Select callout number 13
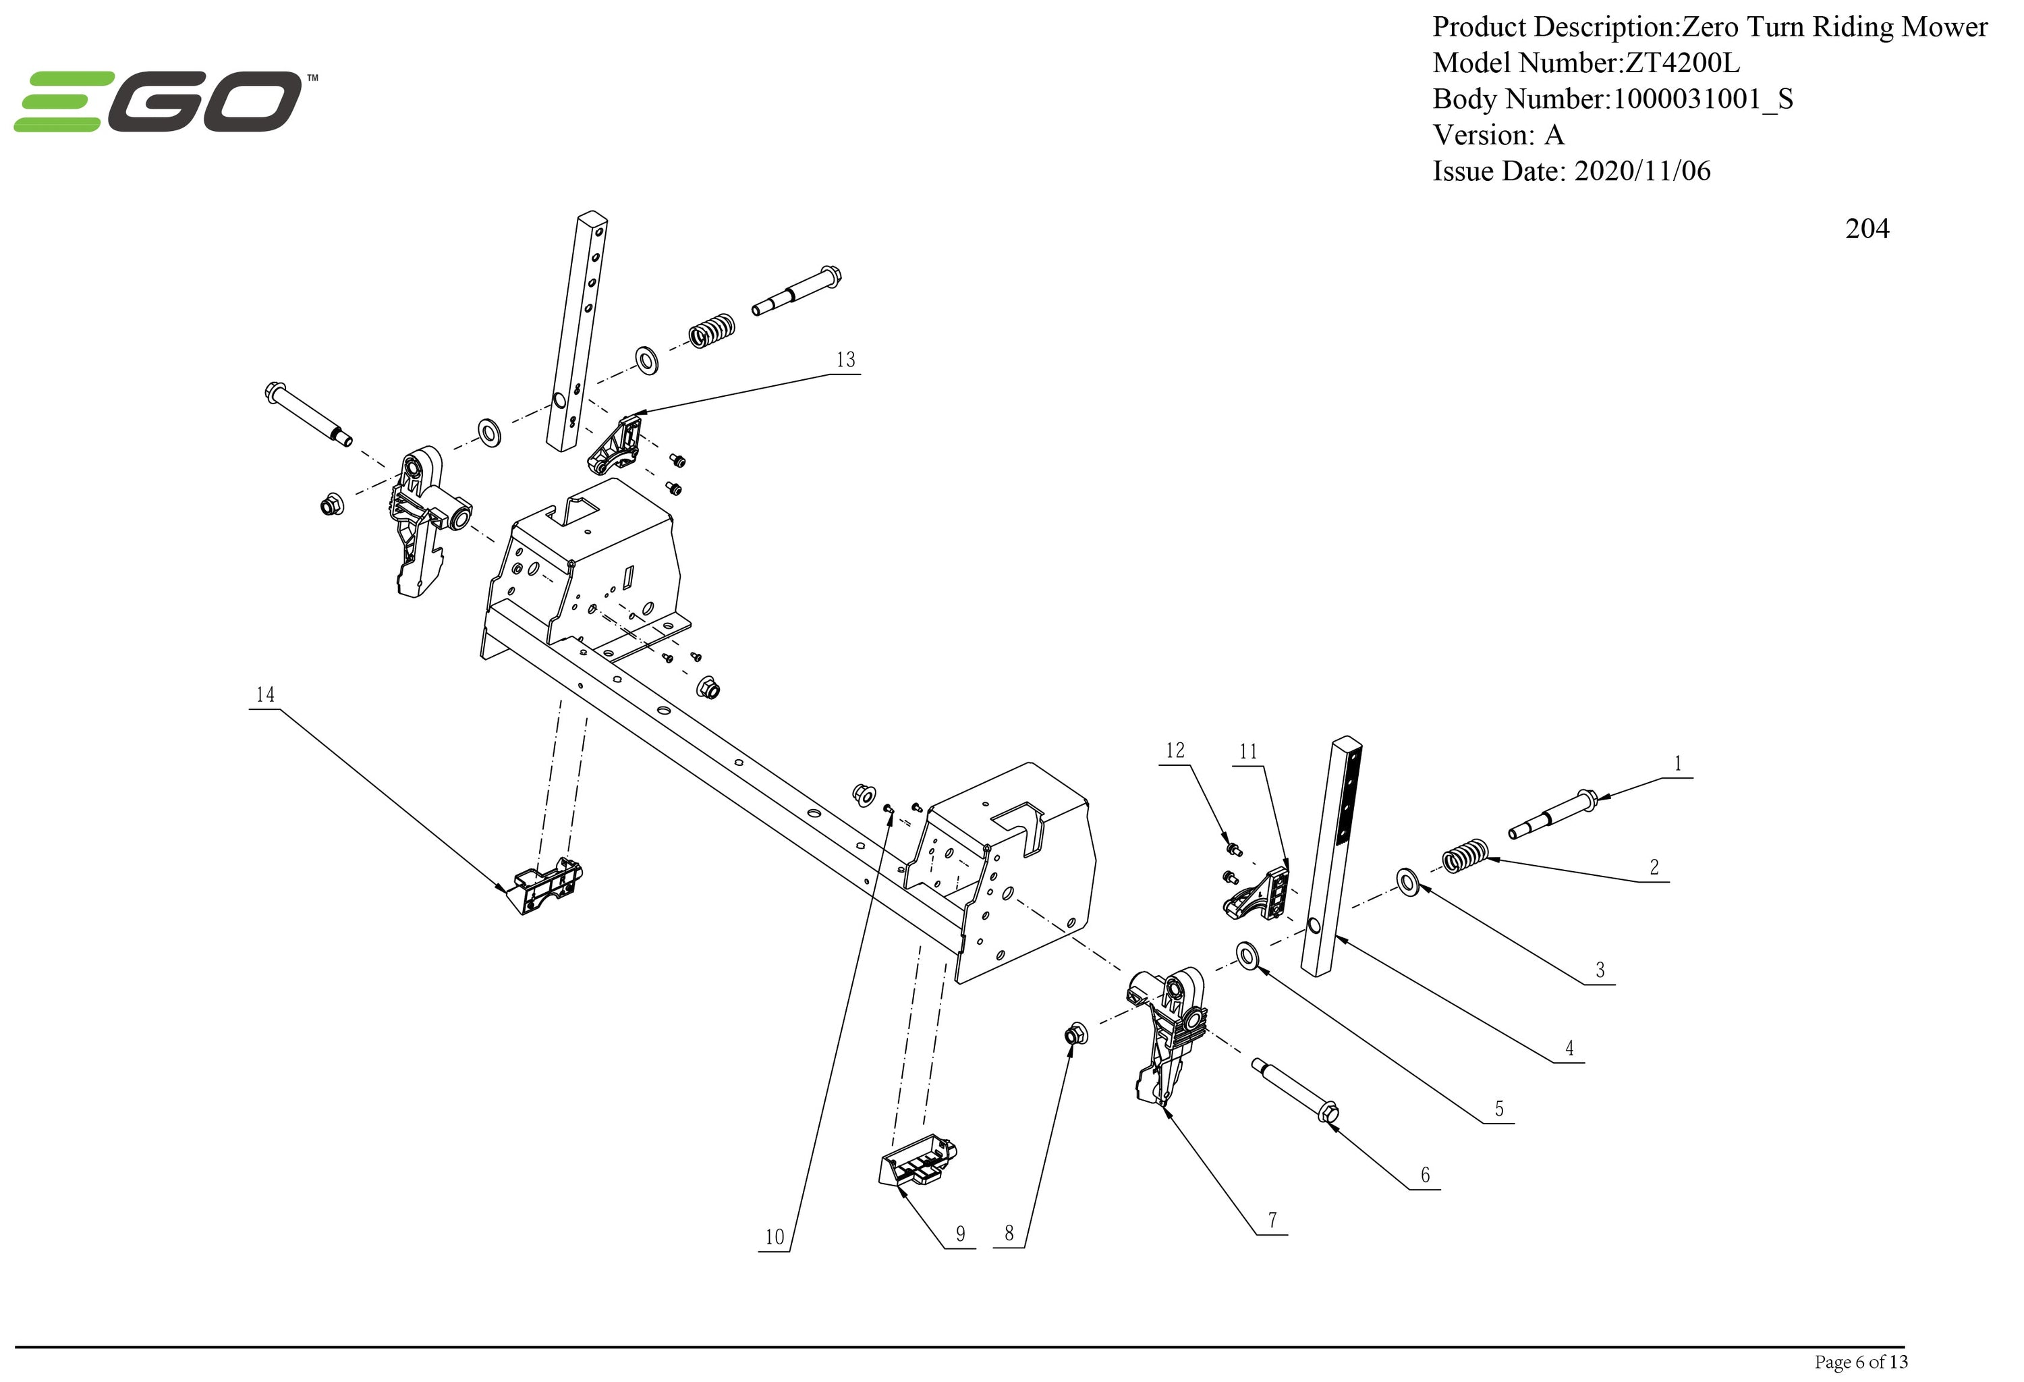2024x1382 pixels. [x=845, y=360]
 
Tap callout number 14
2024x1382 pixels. [x=264, y=695]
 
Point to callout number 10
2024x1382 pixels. [x=775, y=1236]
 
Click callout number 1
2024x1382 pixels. [x=1677, y=764]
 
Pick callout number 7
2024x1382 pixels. [x=1272, y=1220]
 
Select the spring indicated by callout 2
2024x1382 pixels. [x=1466, y=855]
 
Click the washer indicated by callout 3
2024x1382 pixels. [x=1407, y=881]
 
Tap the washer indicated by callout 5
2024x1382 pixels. [x=1248, y=954]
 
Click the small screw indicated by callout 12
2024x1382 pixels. [x=1233, y=848]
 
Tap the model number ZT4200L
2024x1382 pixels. [x=1683, y=63]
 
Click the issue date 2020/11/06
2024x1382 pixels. [x=1641, y=171]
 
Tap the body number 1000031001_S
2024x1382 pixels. [x=1703, y=99]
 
